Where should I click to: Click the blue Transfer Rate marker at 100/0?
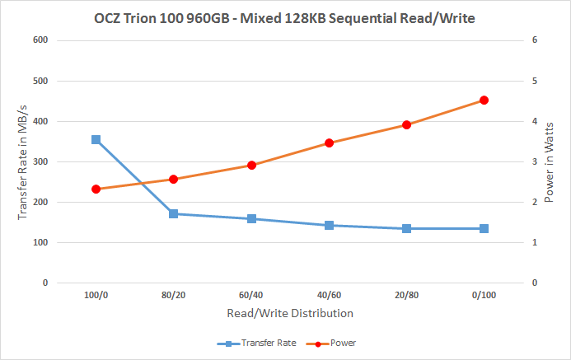[x=96, y=140]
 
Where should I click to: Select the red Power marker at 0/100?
[x=484, y=101]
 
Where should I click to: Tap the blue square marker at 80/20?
[x=173, y=214]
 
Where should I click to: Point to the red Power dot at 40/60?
[x=329, y=143]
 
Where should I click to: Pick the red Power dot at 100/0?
[x=96, y=189]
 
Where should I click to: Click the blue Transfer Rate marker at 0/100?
[x=484, y=228]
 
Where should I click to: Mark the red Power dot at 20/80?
[x=406, y=125]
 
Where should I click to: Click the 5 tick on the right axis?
[x=533, y=81]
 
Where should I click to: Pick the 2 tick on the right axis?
[x=533, y=202]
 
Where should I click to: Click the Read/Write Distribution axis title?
[x=289, y=314]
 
